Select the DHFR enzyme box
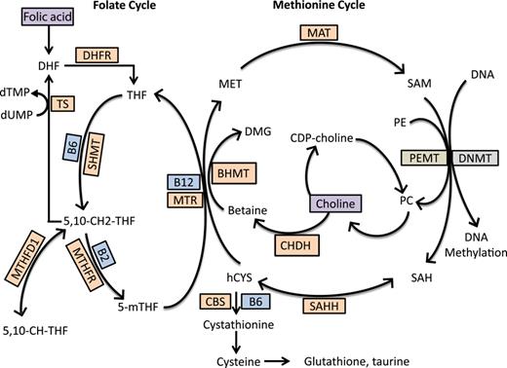tap(104, 58)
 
